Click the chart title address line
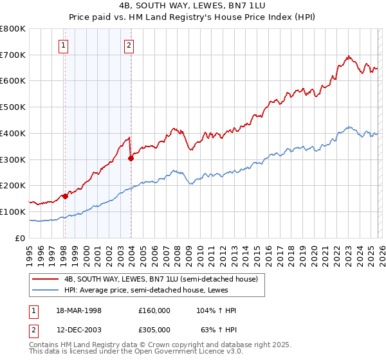coord(192,5)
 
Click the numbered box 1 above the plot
coord(64,45)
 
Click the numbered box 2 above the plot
coord(129,45)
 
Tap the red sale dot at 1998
coord(65,196)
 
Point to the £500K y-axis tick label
coord(13,107)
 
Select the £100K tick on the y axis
coord(13,212)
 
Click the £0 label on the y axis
coord(19,238)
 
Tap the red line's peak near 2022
coord(347,56)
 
